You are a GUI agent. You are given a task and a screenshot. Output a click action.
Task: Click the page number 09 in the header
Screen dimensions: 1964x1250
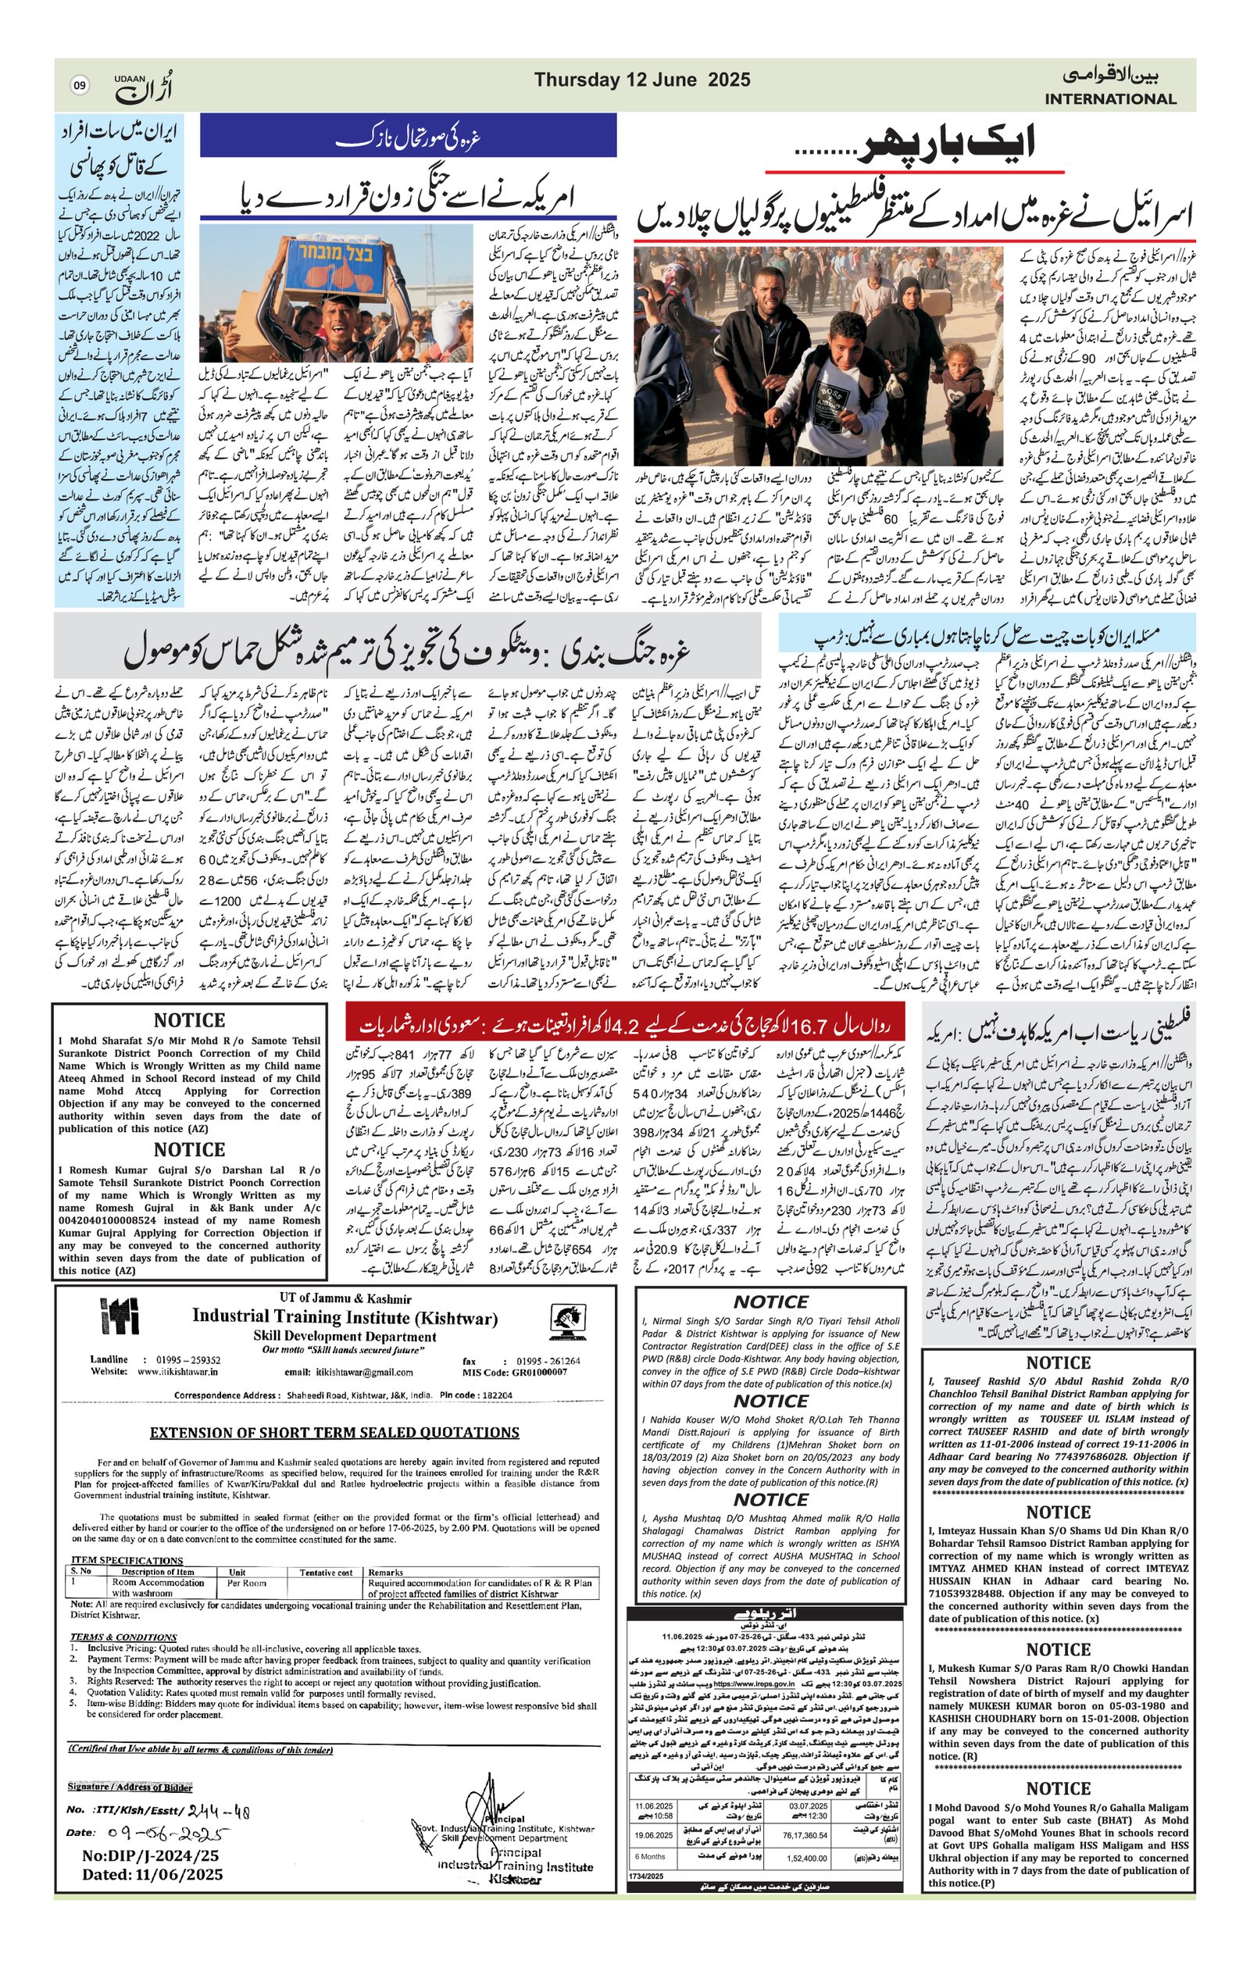pyautogui.click(x=79, y=84)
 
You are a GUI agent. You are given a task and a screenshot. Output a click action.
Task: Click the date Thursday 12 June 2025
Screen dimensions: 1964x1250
pyautogui.click(x=642, y=80)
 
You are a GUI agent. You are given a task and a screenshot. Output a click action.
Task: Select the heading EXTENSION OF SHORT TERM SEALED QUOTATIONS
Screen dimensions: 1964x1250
pyautogui.click(x=334, y=1433)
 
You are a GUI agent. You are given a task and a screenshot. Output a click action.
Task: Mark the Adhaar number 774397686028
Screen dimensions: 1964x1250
pyautogui.click(x=1083, y=1455)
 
